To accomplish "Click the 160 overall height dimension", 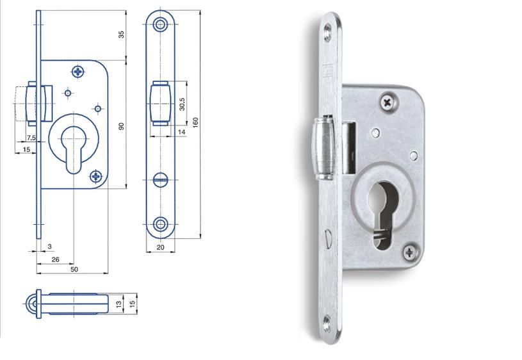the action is pyautogui.click(x=195, y=122).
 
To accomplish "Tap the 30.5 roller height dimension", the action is pyautogui.click(x=182, y=104).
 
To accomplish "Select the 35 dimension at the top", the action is pyautogui.click(x=122, y=35).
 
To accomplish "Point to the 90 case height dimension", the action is pyautogui.click(x=122, y=126).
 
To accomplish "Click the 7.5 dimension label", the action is pyautogui.click(x=31, y=138).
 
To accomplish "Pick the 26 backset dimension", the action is pyautogui.click(x=55, y=259).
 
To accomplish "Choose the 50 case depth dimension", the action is pyautogui.click(x=74, y=269).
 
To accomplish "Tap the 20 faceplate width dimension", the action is pyautogui.click(x=161, y=247).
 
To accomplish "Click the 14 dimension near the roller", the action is pyautogui.click(x=181, y=132).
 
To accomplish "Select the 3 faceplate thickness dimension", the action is pyautogui.click(x=49, y=247).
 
